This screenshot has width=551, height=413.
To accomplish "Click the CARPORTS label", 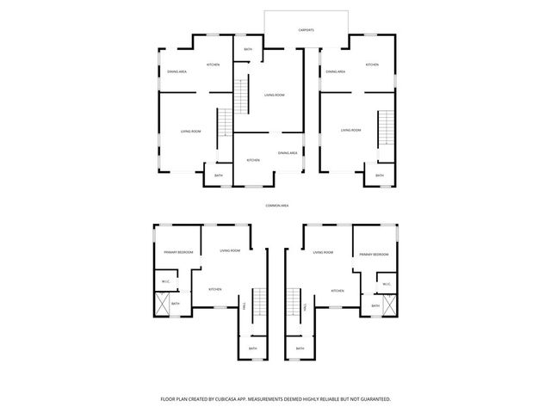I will pyautogui.click(x=306, y=29).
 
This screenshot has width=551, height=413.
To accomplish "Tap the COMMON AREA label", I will pyautogui.click(x=276, y=206).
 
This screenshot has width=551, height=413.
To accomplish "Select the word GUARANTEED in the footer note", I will pyautogui.click(x=373, y=399).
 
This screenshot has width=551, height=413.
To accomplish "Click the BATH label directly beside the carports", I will pyautogui.click(x=248, y=50).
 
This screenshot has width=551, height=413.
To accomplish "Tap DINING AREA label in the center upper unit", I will pyautogui.click(x=288, y=152).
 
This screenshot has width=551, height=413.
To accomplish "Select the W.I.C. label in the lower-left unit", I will pyautogui.click(x=164, y=282).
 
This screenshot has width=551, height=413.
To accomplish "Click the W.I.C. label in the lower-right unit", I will pyautogui.click(x=387, y=284).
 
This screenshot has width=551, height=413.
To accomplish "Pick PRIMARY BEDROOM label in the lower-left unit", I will pyautogui.click(x=178, y=252).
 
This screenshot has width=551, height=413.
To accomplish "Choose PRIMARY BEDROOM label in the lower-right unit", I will pyautogui.click(x=375, y=255).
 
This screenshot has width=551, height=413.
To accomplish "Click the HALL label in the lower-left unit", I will pyautogui.click(x=245, y=307).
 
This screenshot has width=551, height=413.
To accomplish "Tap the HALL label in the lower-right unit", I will pyautogui.click(x=307, y=307).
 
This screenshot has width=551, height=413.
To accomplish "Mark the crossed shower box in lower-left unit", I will pyautogui.click(x=160, y=305).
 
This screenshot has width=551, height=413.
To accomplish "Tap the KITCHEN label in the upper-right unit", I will pyautogui.click(x=372, y=65).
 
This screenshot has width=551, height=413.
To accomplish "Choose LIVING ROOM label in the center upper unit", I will pyautogui.click(x=274, y=95).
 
